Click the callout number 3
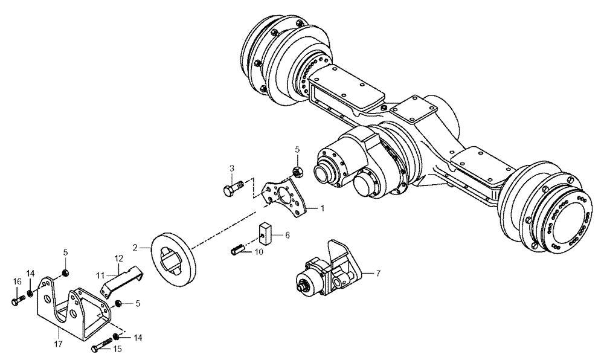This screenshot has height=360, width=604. click(x=231, y=167)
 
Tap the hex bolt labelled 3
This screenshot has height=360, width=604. click(x=232, y=188)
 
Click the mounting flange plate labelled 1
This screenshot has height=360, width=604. click(x=285, y=196)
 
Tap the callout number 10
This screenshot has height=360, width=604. click(x=259, y=252)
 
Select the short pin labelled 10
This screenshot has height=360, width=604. click(x=237, y=248)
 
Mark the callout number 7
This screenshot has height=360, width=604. click(x=378, y=273)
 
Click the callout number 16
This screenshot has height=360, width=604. click(x=17, y=281)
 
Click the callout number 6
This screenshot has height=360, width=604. click(x=288, y=234)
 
